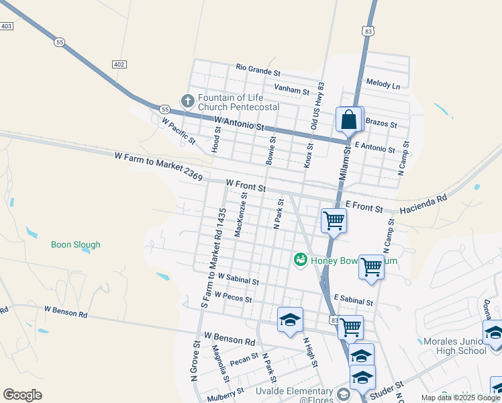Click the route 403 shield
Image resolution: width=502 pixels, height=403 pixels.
pos(7,26)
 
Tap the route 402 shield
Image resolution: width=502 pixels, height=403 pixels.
pos(119,64)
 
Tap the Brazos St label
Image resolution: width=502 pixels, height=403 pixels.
pos(380,125)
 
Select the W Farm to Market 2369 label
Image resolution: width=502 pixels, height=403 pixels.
pos(158,166)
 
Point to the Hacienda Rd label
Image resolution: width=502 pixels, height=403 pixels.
pos(423,205)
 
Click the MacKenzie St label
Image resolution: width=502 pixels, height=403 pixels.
pos(240,214)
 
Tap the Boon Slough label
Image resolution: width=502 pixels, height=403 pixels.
pos(76,244)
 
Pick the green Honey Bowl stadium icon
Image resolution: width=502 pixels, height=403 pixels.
pos(300,259)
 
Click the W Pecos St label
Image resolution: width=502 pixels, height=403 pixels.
pos(234,297)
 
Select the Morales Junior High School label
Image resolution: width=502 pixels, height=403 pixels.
pos(455,346)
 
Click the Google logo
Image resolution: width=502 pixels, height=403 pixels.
pos(23,395)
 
